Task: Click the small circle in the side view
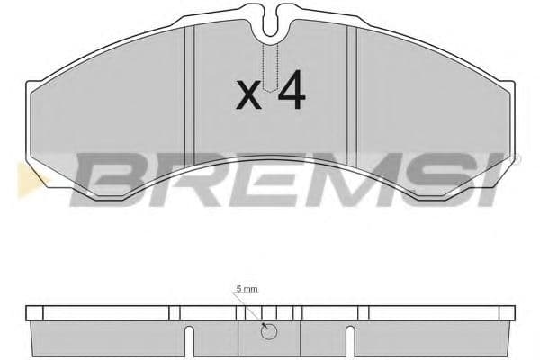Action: (x=267, y=333)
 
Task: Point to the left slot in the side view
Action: (x=190, y=339)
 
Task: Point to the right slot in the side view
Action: (x=347, y=339)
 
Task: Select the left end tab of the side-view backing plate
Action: (x=33, y=314)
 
